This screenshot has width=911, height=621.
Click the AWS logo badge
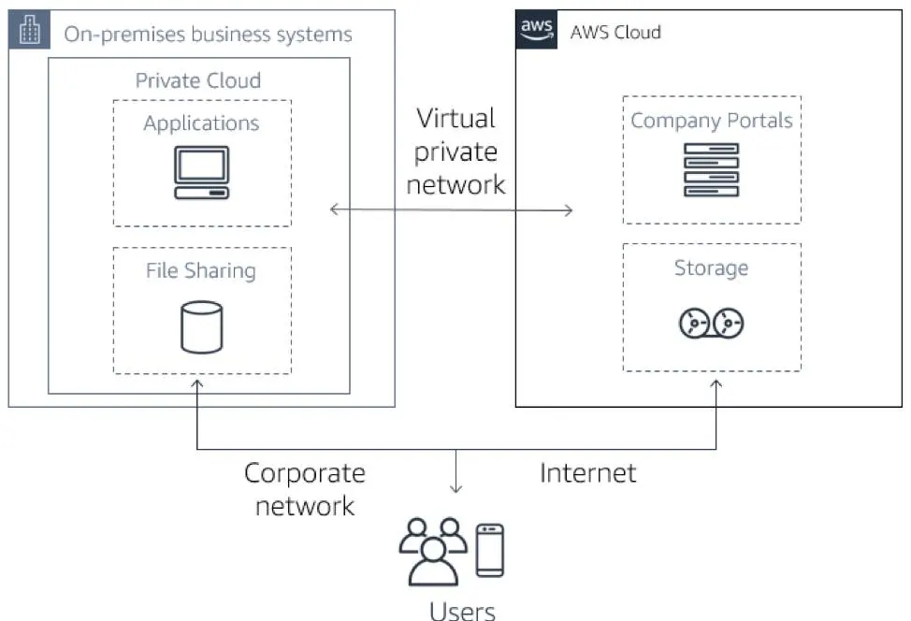point(536,29)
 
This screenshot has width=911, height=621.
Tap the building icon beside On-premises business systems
point(31,31)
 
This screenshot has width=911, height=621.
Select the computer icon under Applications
point(201,173)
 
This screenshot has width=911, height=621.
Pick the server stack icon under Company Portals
point(711,169)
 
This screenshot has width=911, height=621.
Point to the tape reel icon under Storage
point(711,324)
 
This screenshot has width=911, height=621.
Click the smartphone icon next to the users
point(489,549)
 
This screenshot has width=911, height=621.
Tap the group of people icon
point(432,550)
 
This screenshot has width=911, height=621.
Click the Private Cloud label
point(198,80)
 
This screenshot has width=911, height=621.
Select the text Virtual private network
point(455,152)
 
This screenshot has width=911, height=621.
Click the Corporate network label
point(305,489)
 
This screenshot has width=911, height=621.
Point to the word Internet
point(587,473)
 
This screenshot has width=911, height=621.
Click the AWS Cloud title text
point(615,32)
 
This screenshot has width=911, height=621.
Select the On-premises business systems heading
point(208,35)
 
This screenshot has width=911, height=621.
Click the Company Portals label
point(711,121)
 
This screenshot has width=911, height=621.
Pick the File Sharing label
point(201,271)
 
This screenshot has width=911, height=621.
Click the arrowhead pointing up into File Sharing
point(197,382)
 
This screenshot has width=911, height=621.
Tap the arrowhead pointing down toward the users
point(456,488)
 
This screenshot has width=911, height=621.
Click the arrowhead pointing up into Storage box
point(716,382)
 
